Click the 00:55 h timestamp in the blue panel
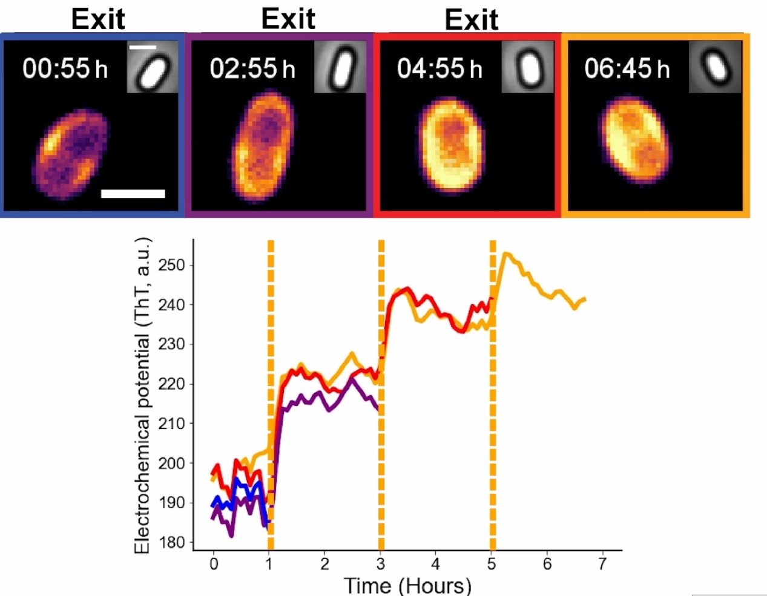coord(65,68)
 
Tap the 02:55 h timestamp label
coord(252,68)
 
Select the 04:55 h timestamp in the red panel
coord(439,68)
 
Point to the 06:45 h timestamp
coord(627,68)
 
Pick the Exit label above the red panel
coord(472,20)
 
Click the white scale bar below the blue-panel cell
coord(133,194)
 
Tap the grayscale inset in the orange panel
coord(715,67)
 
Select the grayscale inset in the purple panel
coord(340,67)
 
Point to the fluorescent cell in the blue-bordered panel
coord(71,154)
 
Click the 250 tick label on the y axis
coord(171,265)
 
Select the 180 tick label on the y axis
coord(171,542)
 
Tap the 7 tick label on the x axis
coord(602,564)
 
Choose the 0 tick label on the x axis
coord(214,564)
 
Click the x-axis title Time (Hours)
coord(407,585)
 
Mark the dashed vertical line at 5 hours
coord(493,393)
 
